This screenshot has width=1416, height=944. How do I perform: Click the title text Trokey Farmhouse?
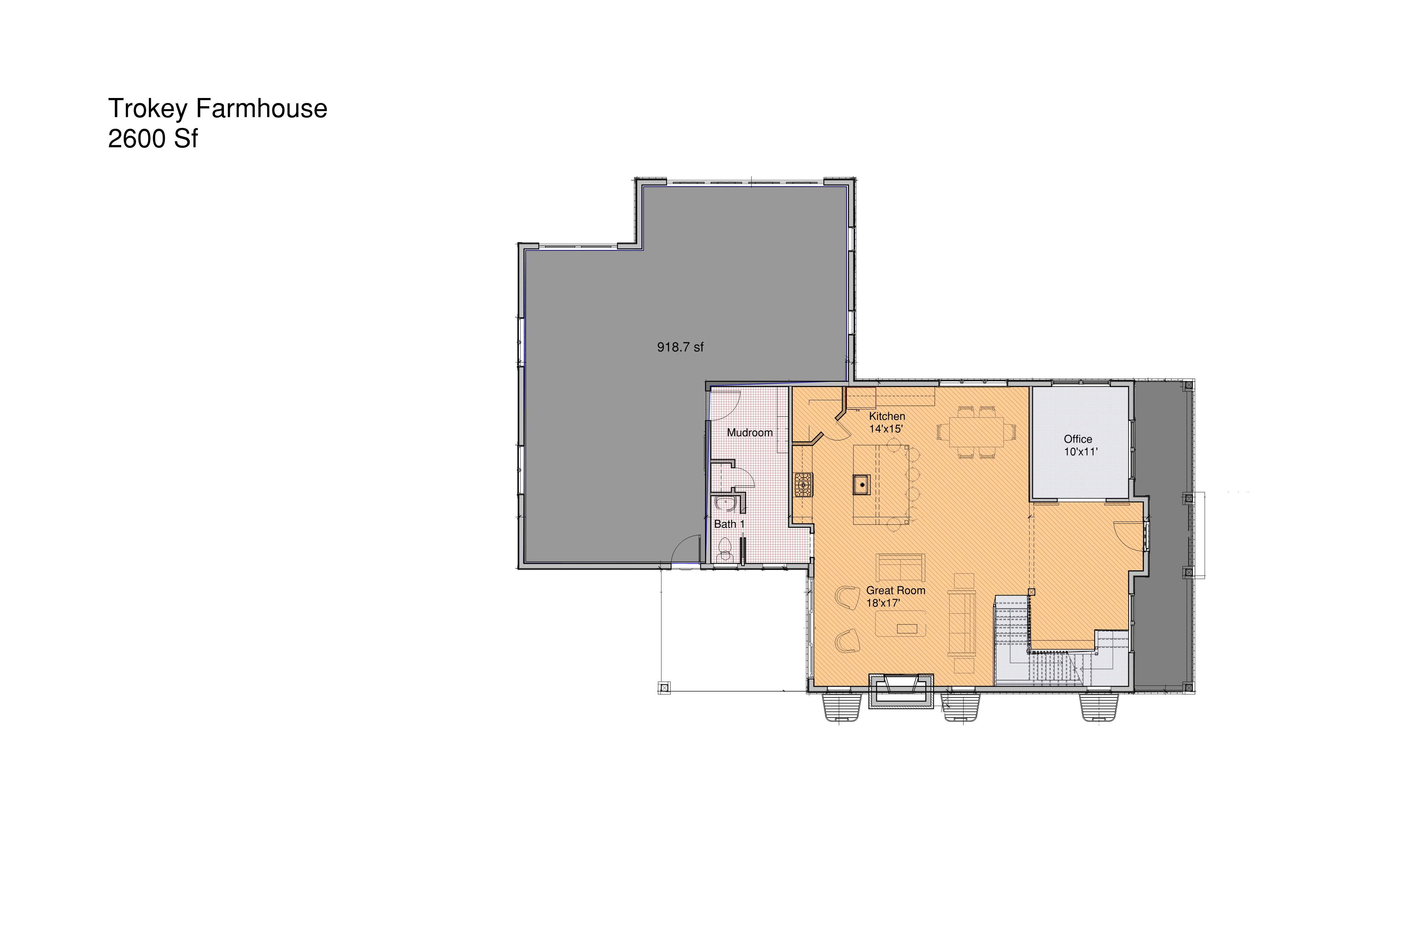217,109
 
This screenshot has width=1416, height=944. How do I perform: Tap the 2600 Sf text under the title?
153,139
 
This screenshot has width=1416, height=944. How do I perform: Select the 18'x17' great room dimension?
883,603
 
